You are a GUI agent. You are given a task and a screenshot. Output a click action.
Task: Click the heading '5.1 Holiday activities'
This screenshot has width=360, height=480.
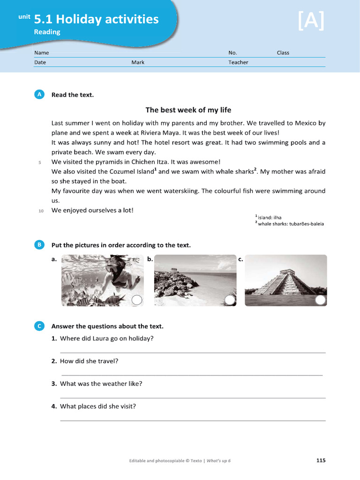pos(96,19)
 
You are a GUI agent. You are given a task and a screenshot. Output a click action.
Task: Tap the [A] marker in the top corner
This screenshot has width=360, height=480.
pos(311,21)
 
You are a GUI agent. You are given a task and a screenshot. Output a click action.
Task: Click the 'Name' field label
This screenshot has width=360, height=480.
pos(41,53)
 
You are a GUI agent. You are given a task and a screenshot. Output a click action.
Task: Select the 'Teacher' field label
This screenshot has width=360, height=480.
pos(238,62)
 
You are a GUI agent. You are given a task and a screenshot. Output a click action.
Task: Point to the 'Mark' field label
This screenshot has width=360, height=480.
pos(138,62)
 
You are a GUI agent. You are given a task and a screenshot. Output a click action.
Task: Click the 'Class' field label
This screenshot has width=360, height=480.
pos(283,53)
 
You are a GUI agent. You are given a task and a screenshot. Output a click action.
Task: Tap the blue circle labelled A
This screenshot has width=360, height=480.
pos(39,95)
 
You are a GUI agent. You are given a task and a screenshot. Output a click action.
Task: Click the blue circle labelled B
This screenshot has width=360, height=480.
pos(39,245)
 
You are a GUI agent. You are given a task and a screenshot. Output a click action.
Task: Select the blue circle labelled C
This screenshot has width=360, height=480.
pos(39,326)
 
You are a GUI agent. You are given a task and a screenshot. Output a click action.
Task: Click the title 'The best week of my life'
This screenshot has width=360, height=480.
pos(188,110)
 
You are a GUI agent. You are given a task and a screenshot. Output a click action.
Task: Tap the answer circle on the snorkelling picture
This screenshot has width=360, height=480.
pos(136,300)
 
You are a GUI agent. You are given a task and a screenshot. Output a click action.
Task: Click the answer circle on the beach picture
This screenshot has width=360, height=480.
pos(230,300)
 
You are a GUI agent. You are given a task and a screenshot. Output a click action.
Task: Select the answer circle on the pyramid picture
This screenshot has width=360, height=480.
pos(320,300)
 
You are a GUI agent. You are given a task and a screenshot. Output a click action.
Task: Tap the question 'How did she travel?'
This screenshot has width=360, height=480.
pos(89,361)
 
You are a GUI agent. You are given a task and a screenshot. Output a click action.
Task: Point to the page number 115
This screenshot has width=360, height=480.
pos(321,461)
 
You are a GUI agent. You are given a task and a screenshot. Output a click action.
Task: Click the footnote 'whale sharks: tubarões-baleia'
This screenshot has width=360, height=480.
pos(291,224)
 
